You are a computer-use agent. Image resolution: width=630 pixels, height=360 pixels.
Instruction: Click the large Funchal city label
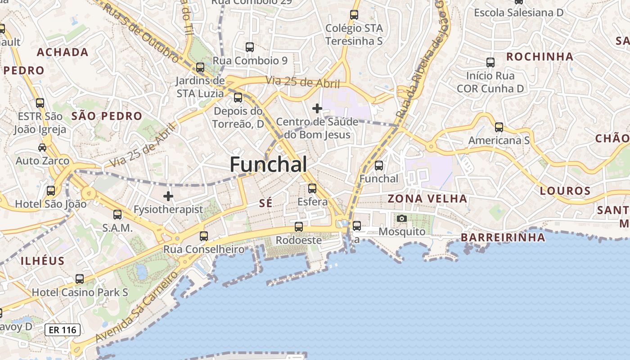click(269, 165)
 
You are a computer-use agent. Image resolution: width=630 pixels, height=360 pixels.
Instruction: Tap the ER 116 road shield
click(63, 330)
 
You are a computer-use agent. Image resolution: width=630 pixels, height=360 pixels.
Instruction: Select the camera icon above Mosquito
click(402, 219)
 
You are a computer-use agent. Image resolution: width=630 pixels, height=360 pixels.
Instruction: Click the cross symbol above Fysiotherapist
click(168, 196)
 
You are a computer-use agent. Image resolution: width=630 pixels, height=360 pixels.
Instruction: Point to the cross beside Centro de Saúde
click(317, 108)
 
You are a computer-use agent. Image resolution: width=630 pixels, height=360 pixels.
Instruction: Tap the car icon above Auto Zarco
click(42, 147)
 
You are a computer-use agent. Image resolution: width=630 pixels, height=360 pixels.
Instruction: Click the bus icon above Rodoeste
click(299, 227)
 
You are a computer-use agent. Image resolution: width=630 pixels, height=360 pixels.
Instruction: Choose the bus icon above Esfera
click(312, 189)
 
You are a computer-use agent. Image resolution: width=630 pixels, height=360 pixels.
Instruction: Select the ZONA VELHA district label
click(427, 198)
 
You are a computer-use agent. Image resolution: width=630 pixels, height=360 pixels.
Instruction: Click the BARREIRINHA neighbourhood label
click(503, 238)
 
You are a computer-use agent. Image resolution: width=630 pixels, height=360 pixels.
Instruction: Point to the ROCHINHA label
click(540, 57)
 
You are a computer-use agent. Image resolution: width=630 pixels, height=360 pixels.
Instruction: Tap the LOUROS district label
click(565, 191)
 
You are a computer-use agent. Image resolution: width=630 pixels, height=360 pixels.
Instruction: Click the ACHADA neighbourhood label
click(63, 52)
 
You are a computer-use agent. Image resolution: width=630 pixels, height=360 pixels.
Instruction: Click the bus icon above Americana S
click(499, 127)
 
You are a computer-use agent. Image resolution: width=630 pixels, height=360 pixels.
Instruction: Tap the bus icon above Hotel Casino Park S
click(80, 279)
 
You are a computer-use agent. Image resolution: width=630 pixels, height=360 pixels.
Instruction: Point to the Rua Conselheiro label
click(204, 249)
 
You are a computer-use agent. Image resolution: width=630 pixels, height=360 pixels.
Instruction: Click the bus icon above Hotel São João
click(51, 191)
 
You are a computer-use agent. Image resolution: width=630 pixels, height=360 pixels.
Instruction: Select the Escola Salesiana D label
click(519, 13)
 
